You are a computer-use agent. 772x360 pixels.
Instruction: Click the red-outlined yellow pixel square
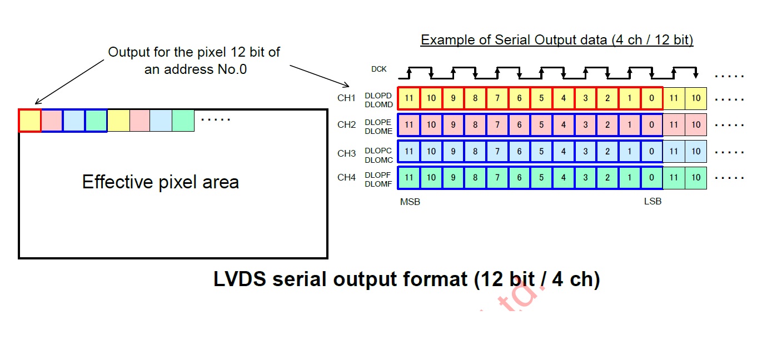pos(30,121)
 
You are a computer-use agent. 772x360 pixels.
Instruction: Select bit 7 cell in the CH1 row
pos(497,98)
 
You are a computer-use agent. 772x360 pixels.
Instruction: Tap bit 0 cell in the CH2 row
pos(651,124)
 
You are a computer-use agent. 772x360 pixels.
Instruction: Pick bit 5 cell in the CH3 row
pos(541,151)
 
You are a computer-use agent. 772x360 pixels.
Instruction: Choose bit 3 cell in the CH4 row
pos(585,178)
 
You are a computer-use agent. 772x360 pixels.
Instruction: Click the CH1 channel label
pos(346,98)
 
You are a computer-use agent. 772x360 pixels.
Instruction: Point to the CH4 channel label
pos(346,178)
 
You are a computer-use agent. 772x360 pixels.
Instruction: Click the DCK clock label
pos(379,69)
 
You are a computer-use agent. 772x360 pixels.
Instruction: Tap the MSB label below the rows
pos(410,202)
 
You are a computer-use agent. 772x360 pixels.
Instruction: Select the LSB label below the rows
pos(653,202)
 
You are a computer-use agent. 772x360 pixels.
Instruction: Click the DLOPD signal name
pos(378,96)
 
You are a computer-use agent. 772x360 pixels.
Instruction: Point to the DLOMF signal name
pos(378,184)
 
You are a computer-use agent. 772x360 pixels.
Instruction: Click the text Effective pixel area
pos(161,182)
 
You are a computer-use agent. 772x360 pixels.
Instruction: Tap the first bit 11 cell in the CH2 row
pos(409,124)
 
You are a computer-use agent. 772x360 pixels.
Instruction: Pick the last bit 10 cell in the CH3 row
pos(696,151)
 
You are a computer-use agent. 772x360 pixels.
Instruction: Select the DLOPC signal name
pos(378,151)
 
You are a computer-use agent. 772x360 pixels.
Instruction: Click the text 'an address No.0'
pos(196,69)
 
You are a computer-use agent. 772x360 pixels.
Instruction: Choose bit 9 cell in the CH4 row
pos(453,178)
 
